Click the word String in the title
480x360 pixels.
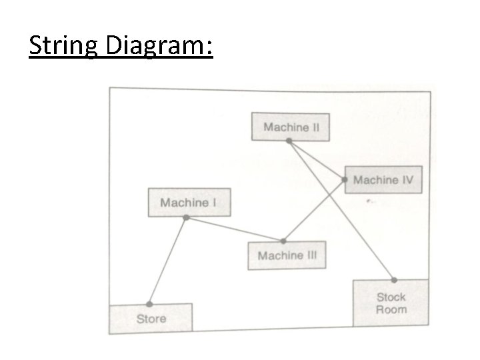[x=63, y=47]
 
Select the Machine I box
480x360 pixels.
[x=189, y=202]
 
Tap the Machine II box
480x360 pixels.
[x=290, y=127]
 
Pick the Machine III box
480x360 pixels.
[x=287, y=255]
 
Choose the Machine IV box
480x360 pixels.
[x=383, y=180]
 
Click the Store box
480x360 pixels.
[x=151, y=318]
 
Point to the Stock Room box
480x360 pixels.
[x=391, y=303]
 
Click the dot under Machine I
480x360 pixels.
[x=186, y=218]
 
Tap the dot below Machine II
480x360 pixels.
[x=289, y=141]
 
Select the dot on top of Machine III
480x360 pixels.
[x=283, y=241]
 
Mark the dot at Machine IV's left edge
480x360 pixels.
[x=345, y=180]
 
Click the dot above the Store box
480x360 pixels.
[x=149, y=303]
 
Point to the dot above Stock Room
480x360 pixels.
[x=394, y=279]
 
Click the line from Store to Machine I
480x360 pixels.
[x=168, y=260]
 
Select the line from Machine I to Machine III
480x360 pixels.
[x=235, y=229]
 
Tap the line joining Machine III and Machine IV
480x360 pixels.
[x=315, y=210]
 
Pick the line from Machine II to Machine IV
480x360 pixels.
[x=317, y=161]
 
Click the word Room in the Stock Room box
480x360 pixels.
[x=391, y=310]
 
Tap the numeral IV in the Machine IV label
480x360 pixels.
[x=406, y=180]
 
